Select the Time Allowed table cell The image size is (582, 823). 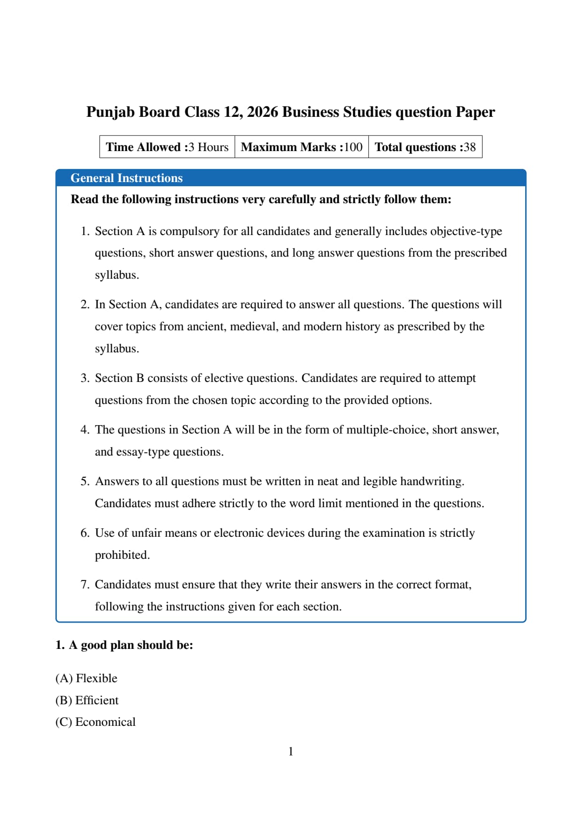tap(167, 147)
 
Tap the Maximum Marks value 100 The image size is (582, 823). tap(353, 147)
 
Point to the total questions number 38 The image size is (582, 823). tap(469, 147)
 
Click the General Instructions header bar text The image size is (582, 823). tap(126, 178)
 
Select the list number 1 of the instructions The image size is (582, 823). tap(84, 231)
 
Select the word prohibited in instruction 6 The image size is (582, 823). tap(122, 555)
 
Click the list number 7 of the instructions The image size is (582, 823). tap(84, 585)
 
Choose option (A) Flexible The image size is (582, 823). tap(86, 678)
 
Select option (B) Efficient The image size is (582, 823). tap(87, 701)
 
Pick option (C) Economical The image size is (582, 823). tap(95, 722)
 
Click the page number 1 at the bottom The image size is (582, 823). tap(291, 752)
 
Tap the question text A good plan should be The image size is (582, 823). tap(130, 645)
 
